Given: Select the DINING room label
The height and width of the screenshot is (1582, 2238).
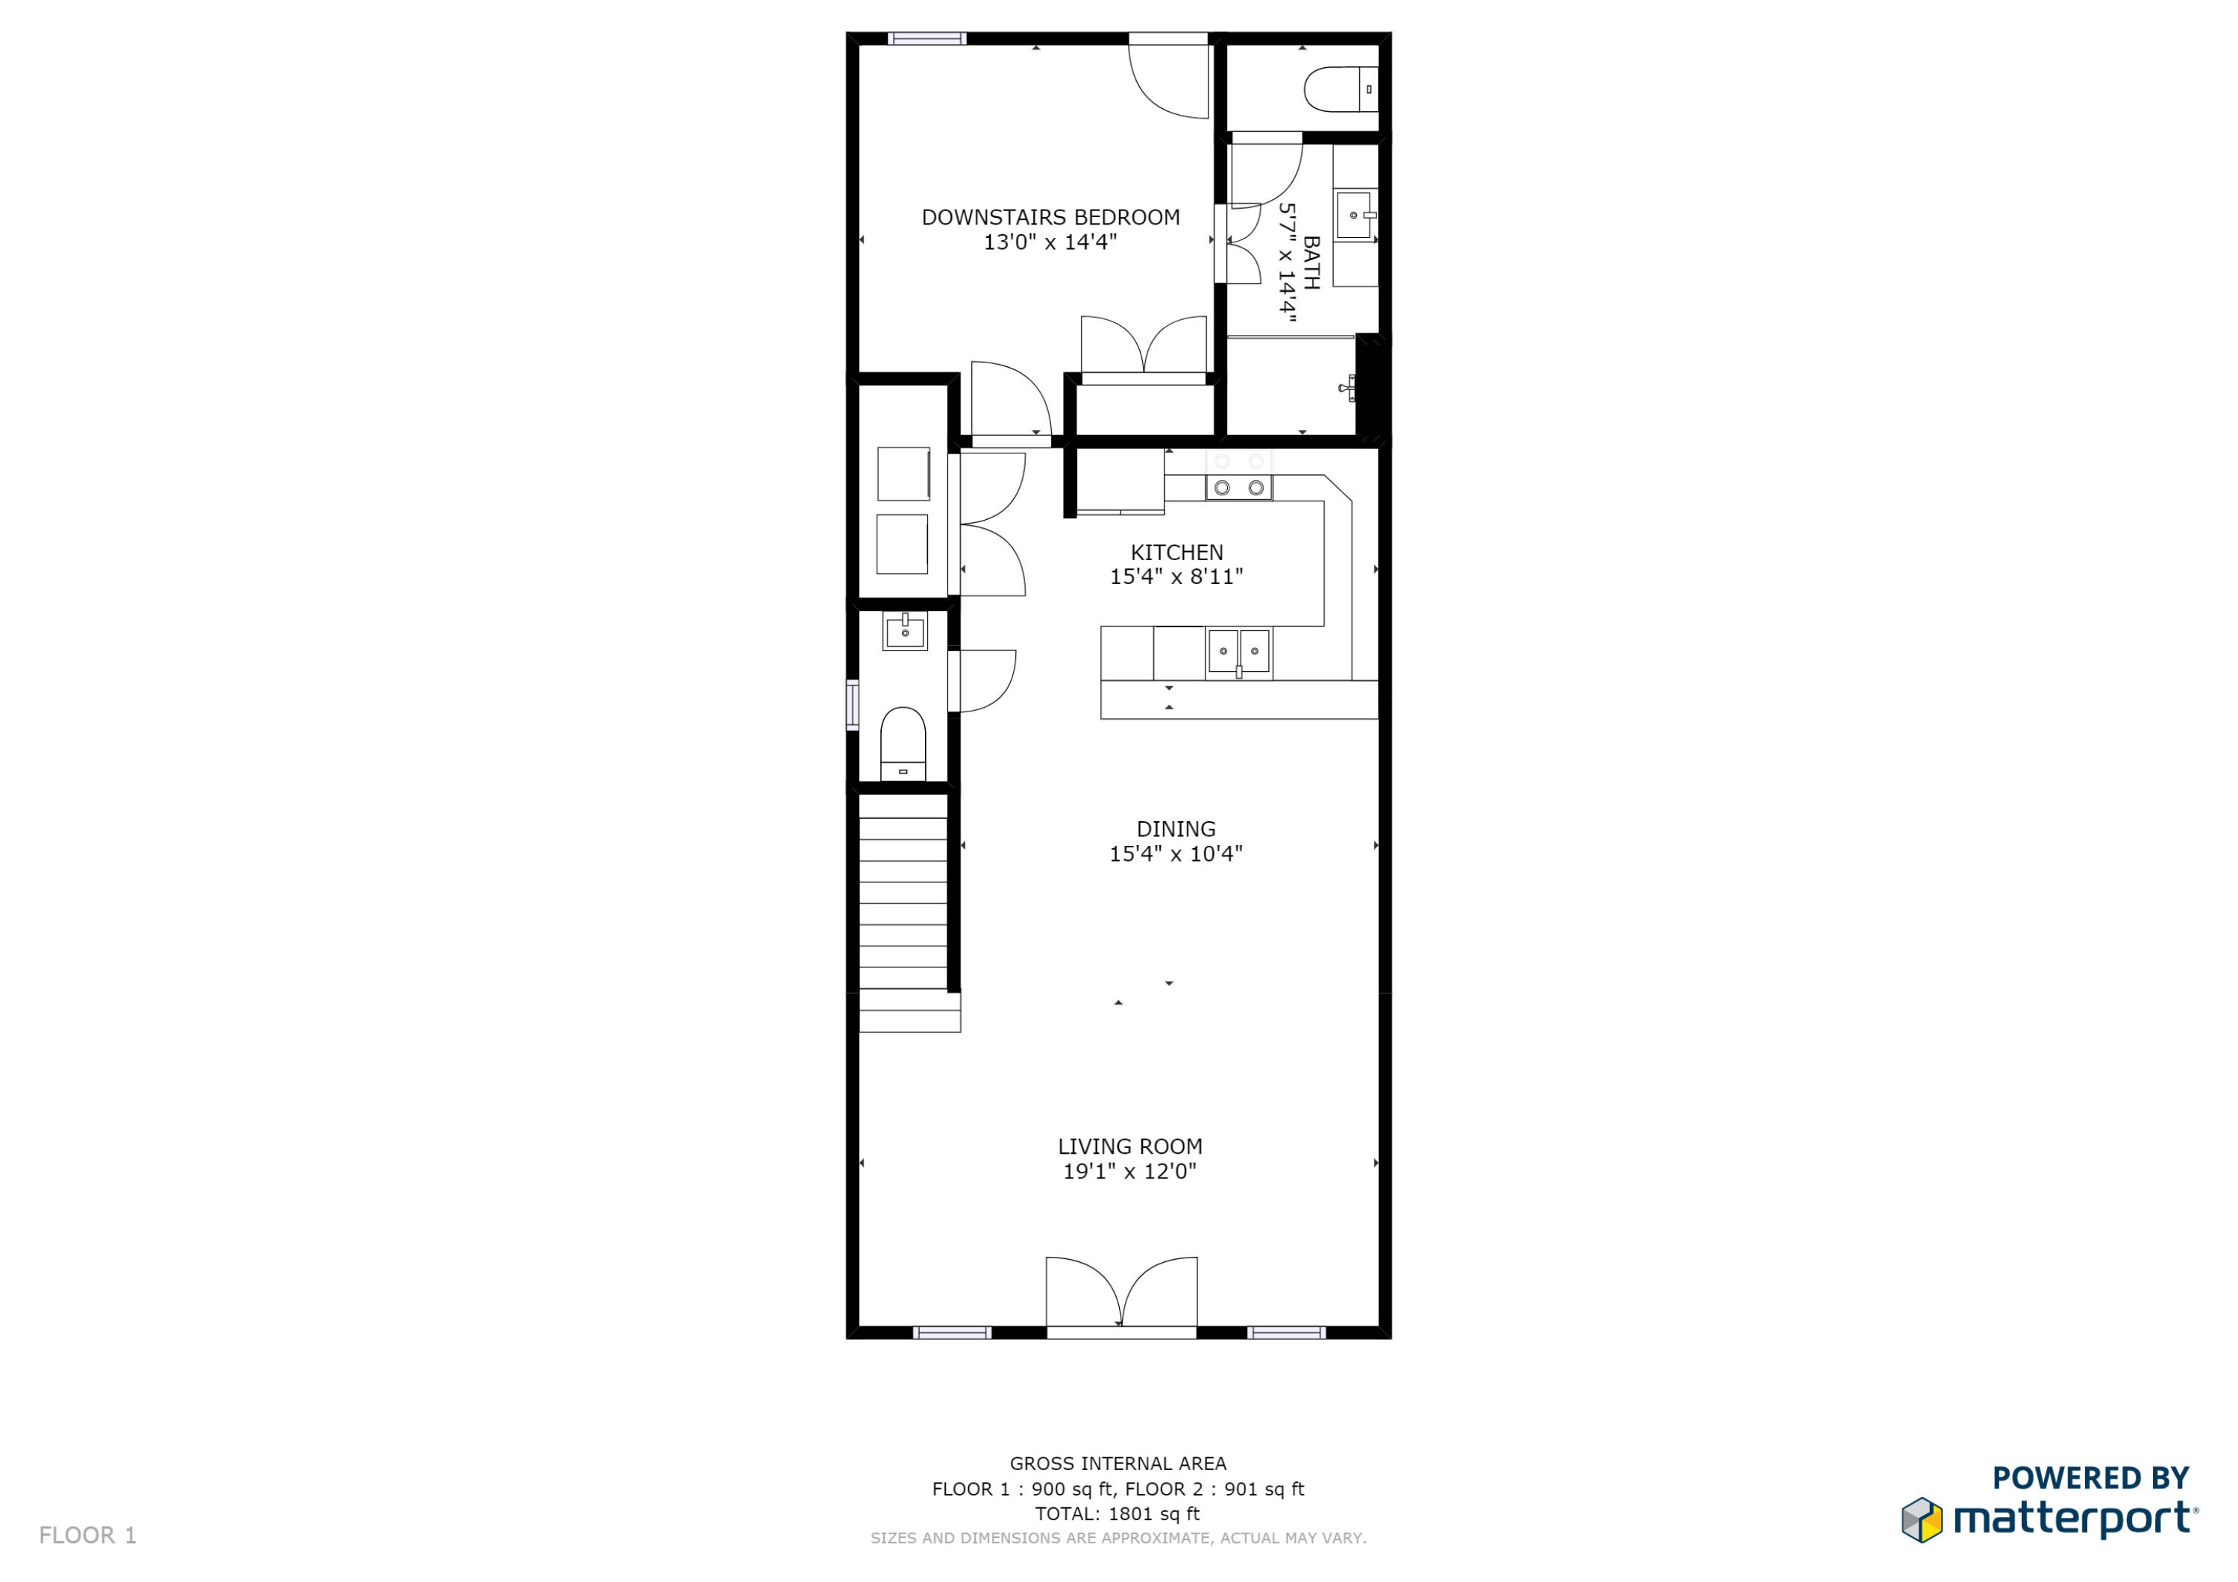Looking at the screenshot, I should tap(1176, 829).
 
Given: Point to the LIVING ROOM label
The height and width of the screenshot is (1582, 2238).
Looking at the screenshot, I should tap(1129, 1146).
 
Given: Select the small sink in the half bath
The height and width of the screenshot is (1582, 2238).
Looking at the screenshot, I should tap(905, 632).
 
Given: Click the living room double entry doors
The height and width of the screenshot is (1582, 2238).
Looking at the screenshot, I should tap(1121, 1293).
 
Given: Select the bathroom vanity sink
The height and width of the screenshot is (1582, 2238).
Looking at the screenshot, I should tap(1354, 216).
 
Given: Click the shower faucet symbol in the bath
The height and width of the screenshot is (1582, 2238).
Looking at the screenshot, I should tap(1348, 388).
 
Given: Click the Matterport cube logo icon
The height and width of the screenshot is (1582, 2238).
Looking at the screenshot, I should tap(1921, 1519).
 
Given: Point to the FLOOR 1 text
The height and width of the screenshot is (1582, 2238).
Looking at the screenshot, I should tap(88, 1535).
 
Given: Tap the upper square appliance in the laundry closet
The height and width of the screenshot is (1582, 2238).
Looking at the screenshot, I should tap(903, 474).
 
